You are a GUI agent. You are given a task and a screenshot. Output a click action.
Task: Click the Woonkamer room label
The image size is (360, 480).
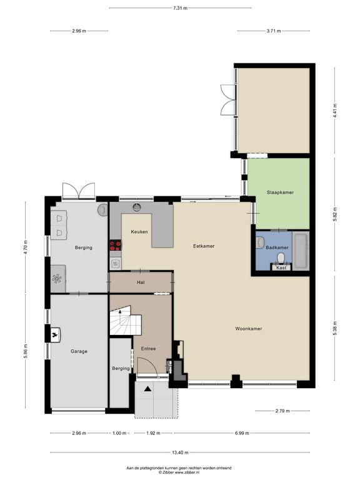pos(249,329)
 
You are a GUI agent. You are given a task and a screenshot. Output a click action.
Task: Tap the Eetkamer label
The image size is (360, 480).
pos(204,246)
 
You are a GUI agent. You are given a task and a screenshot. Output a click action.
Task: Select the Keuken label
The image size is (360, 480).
pos(139,232)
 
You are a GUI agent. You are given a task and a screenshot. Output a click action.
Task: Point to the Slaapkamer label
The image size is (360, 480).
pos(280,192)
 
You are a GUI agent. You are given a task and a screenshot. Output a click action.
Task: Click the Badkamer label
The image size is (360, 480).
pos(277,247)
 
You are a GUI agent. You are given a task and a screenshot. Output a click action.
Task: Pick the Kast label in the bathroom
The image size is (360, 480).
pos(281,267)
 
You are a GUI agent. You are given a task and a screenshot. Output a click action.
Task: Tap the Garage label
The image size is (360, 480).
pos(79,351)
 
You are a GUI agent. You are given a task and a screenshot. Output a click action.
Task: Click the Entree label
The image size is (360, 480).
pos(149,348)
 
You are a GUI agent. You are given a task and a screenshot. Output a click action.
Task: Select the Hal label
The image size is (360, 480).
pos(141,282)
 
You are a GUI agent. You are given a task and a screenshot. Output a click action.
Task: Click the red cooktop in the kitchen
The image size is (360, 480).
pos(116,246)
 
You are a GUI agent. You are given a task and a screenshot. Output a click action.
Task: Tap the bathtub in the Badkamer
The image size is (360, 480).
pos(301,251)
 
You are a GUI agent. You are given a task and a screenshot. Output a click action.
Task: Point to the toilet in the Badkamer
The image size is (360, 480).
pos(281,259)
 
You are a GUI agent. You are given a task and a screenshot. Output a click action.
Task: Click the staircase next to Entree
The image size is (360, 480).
pos(126,320)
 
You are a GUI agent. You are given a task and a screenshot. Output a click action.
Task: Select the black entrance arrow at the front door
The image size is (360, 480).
pos(148,389)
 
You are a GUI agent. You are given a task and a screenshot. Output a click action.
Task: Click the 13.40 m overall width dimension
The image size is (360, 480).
pos(180,452)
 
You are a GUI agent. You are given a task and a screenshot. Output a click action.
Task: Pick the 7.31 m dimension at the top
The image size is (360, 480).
pos(180,8)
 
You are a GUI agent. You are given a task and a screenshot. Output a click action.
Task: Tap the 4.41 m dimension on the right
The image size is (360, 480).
pos(335,111)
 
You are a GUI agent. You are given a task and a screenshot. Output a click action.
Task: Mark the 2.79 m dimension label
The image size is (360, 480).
pos(282,411)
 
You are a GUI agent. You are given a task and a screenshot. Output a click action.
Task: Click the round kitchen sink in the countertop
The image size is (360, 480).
pos(137,207)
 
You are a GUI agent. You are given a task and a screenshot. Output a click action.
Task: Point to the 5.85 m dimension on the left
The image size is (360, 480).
pos(26,351)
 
